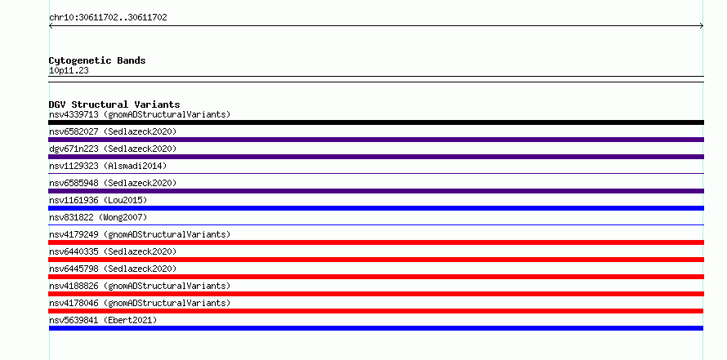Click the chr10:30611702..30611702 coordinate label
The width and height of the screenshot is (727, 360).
click(x=108, y=18)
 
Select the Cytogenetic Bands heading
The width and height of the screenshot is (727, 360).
click(x=97, y=60)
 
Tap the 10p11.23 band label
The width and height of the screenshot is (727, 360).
click(x=69, y=71)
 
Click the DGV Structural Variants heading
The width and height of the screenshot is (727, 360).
click(x=114, y=104)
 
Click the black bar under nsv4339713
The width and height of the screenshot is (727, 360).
click(x=376, y=122)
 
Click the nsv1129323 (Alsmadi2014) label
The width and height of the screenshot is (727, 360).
click(x=108, y=166)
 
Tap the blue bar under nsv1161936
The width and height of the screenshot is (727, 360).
click(x=376, y=208)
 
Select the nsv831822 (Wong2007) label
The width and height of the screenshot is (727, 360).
click(x=98, y=217)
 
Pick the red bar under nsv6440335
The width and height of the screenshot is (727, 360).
click(x=376, y=260)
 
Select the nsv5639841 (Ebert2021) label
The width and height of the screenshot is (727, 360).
click(x=103, y=320)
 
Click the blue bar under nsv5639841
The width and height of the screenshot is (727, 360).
click(x=376, y=328)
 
